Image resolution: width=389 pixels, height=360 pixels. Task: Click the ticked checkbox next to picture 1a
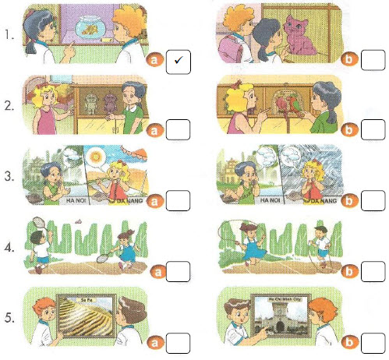pos(180,60)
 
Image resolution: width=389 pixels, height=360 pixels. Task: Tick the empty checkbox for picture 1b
pos(373,60)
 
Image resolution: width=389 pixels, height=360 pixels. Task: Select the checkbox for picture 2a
pos(180,129)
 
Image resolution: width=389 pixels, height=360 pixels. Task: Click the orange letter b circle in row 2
pos(351,129)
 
